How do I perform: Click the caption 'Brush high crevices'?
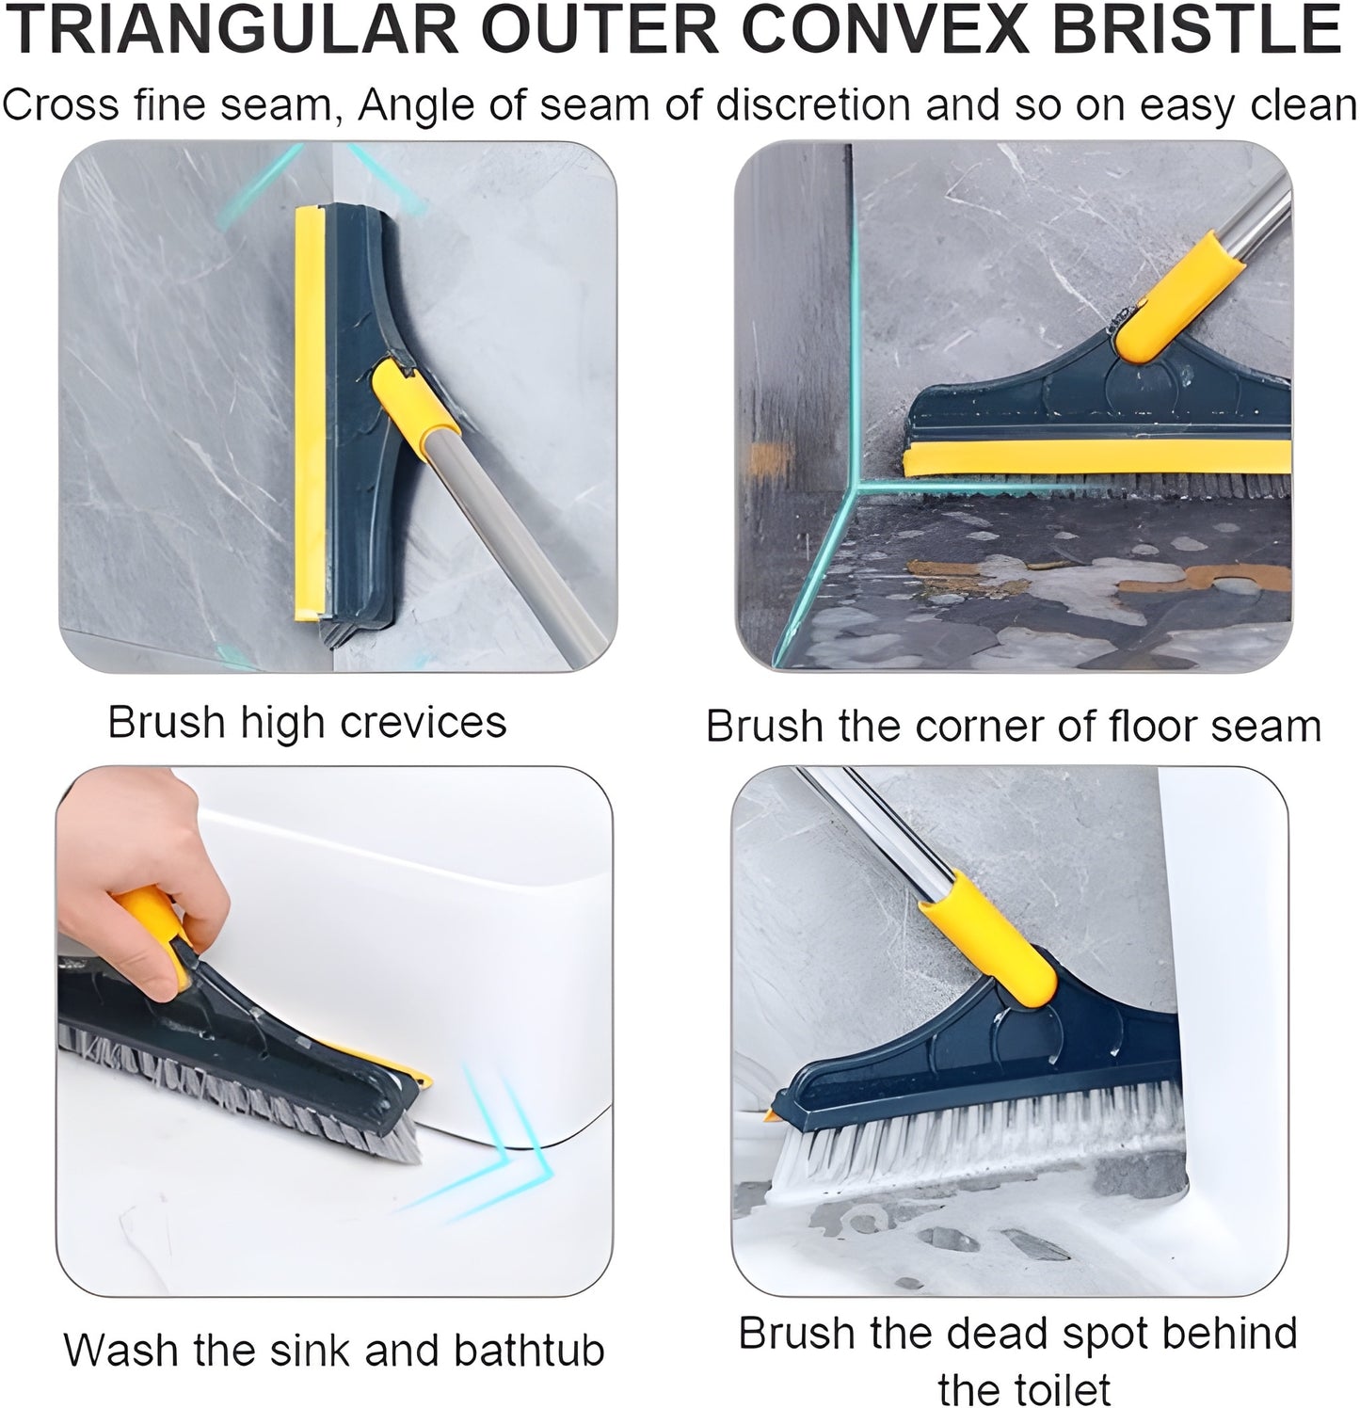[x=307, y=723]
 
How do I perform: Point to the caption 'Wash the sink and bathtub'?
[x=334, y=1351]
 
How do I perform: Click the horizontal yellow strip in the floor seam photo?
[x=1092, y=459]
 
